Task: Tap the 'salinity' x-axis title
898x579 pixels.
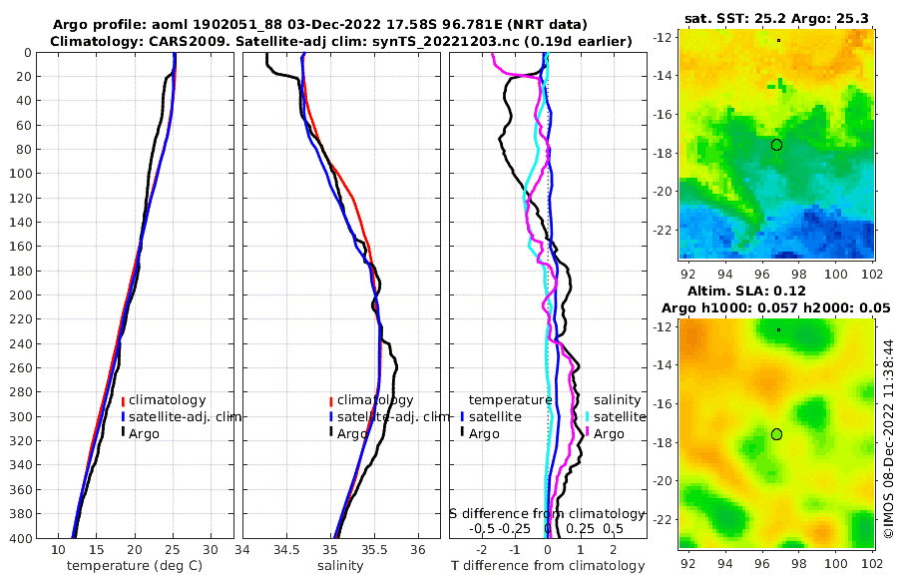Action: (x=334, y=566)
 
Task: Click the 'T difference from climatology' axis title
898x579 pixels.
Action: (x=548, y=566)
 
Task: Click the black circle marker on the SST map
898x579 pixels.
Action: (x=776, y=145)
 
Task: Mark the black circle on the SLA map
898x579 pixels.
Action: (x=776, y=434)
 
